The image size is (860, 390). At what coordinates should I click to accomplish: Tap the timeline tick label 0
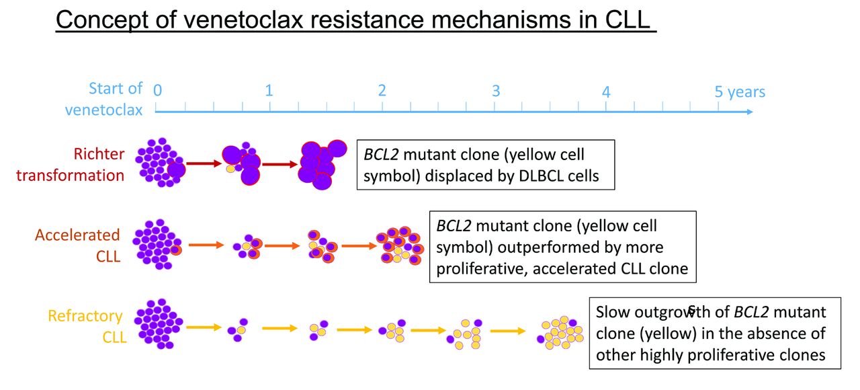(157, 90)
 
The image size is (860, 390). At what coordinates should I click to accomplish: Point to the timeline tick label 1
(269, 90)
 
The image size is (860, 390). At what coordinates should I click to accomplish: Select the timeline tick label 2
(382, 90)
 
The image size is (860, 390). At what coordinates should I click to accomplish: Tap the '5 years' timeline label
(740, 91)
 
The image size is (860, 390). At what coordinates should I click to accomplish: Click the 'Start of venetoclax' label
(104, 99)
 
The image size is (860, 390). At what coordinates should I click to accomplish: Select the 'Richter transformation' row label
(71, 165)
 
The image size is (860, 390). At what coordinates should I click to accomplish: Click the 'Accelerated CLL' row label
(78, 245)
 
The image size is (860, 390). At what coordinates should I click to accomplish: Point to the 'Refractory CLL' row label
(85, 325)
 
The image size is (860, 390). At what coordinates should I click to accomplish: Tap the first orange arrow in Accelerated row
(206, 245)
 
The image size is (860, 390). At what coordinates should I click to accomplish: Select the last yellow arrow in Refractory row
(508, 331)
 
